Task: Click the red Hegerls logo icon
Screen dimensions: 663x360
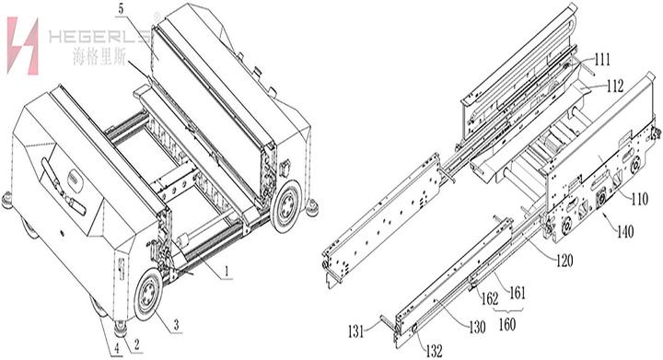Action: coord(22,46)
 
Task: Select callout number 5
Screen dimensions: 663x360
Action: coord(121,10)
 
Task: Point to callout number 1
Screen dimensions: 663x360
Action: coord(227,271)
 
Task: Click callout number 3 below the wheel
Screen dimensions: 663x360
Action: coord(176,325)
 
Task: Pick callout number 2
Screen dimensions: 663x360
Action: coord(137,344)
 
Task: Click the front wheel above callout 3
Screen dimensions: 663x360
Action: coord(148,294)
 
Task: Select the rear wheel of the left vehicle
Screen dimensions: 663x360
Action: coord(286,205)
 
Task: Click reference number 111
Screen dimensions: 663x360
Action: coord(602,60)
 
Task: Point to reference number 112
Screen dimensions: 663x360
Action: coord(614,87)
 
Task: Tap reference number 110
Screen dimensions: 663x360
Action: coord(639,199)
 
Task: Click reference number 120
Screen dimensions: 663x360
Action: coord(564,261)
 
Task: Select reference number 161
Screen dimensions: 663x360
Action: coord(517,293)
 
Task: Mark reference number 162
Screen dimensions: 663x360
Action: coord(490,299)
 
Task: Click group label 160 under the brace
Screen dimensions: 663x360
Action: coord(507,324)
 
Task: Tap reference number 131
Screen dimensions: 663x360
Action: coord(355,331)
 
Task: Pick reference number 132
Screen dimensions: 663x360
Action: coord(435,350)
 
